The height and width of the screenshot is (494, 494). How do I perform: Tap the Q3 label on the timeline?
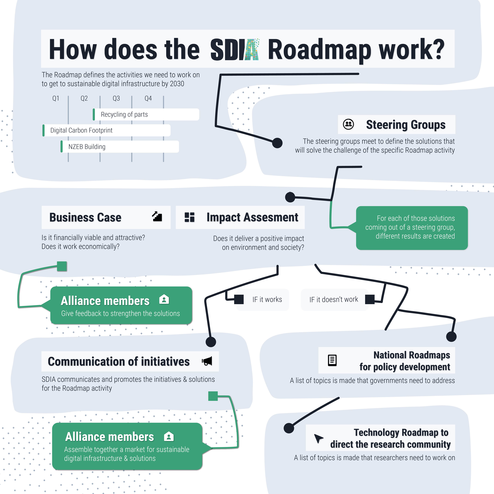[116, 98]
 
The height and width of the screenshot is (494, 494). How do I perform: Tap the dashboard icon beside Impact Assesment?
[189, 217]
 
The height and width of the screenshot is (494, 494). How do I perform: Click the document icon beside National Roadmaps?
[332, 360]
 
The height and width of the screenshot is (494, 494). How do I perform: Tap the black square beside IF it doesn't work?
[370, 299]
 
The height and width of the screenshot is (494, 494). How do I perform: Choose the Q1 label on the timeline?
[56, 98]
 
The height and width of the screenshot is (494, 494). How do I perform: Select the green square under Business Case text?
[62, 266]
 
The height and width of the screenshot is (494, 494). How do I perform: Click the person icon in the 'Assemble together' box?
[169, 437]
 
